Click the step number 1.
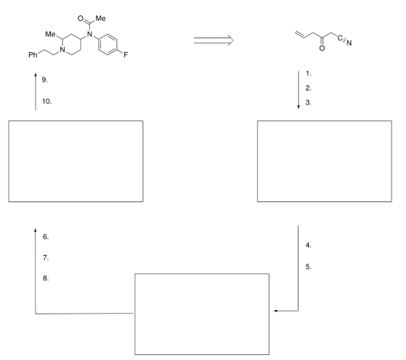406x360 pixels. coord(308,74)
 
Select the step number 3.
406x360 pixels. coord(308,103)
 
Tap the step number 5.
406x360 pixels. coord(308,267)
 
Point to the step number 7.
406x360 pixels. coord(46,258)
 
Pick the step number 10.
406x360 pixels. coord(47,101)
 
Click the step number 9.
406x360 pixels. coord(45,80)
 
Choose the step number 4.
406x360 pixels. coord(308,245)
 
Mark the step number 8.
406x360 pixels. coord(46,278)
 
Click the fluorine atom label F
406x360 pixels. coord(125,55)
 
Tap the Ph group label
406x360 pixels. coord(33,55)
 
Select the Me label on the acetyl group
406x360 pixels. coord(101,18)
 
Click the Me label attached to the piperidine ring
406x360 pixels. coord(50,34)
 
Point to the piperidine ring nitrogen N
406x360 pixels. coord(62,50)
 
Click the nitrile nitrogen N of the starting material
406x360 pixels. coord(349,43)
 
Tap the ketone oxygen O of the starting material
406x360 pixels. coord(322,49)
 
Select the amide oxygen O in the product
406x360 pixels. coord(80,18)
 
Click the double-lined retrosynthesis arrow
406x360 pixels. coord(213,41)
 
